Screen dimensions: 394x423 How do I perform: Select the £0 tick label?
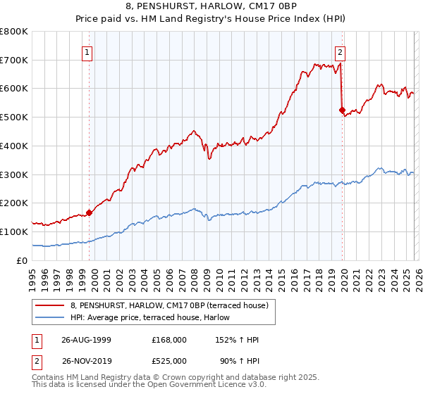pyautogui.click(x=21, y=260)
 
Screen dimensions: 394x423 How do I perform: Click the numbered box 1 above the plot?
pyautogui.click(x=87, y=51)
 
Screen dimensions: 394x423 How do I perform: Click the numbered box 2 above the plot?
pyautogui.click(x=340, y=51)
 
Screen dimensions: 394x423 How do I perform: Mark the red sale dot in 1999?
pyautogui.click(x=90, y=212)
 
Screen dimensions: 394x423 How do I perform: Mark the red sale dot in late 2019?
pyautogui.click(x=342, y=110)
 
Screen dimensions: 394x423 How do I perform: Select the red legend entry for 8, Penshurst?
pyautogui.click(x=169, y=306)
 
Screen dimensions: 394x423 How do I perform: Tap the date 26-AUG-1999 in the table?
pyautogui.click(x=86, y=340)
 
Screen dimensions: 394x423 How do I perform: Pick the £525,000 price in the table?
pyautogui.click(x=168, y=360)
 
